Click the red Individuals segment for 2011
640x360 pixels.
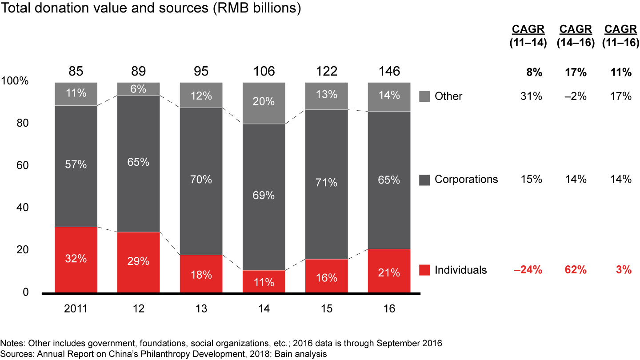click(x=76, y=260)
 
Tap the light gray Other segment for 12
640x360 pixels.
click(x=138, y=89)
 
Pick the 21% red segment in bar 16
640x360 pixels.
click(x=389, y=271)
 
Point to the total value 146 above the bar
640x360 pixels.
click(x=389, y=72)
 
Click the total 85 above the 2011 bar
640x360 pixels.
click(x=76, y=72)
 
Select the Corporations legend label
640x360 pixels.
click(x=466, y=179)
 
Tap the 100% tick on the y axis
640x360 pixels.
click(x=15, y=81)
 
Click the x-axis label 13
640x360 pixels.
click(x=201, y=309)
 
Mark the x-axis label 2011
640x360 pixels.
click(x=76, y=309)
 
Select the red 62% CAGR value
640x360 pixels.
click(x=576, y=270)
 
